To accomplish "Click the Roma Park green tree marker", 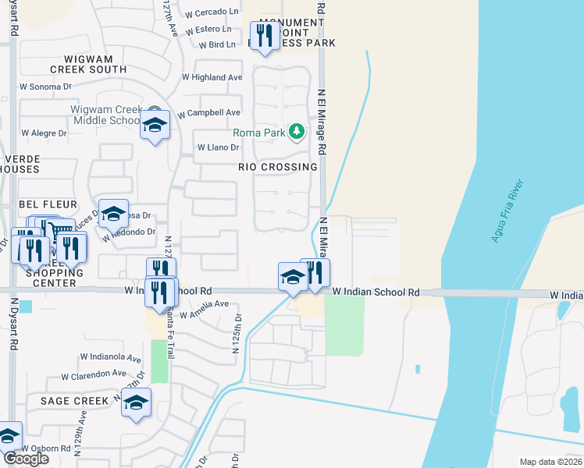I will pos(296,132).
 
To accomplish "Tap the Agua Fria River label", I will pos(507,211).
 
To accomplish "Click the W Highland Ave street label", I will pos(212,77).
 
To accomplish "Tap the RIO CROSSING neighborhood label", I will pos(278,167).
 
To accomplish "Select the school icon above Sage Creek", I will pos(136,402).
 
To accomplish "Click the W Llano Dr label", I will pos(218,147).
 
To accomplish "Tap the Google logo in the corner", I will pos(26,459).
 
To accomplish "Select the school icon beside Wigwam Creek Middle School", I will pos(155,124).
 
